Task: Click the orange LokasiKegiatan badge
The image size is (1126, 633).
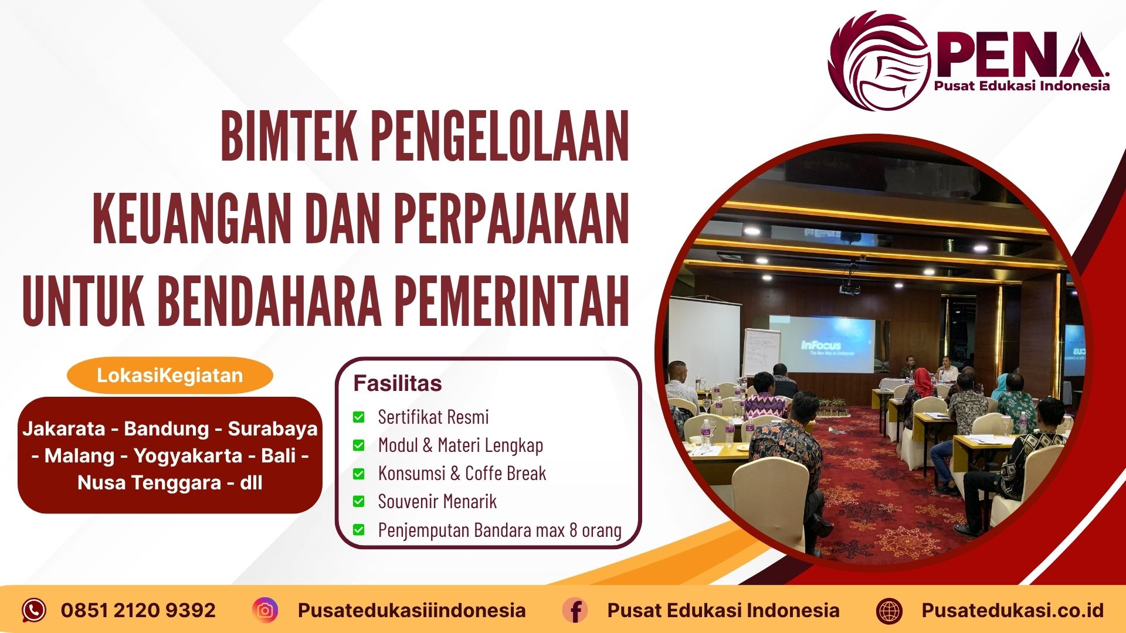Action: (x=169, y=375)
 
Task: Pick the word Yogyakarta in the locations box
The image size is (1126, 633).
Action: (x=188, y=455)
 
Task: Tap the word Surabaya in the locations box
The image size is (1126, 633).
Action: (x=272, y=428)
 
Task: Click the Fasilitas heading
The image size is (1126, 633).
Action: (x=397, y=383)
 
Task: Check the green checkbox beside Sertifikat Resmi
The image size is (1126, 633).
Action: (x=358, y=417)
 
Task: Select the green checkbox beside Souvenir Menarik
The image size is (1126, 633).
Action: (x=358, y=502)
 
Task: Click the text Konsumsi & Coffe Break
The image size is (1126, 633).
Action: (x=462, y=473)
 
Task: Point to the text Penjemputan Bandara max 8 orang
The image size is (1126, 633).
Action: (x=499, y=530)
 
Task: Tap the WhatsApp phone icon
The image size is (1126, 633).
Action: (x=33, y=610)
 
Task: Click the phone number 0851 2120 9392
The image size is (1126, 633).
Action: (x=138, y=610)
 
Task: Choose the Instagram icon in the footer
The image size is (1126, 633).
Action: (x=265, y=610)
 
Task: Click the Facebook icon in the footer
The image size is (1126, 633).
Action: (x=575, y=610)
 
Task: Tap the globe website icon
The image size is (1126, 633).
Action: (x=888, y=611)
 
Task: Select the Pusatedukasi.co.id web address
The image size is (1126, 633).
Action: (x=1012, y=610)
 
